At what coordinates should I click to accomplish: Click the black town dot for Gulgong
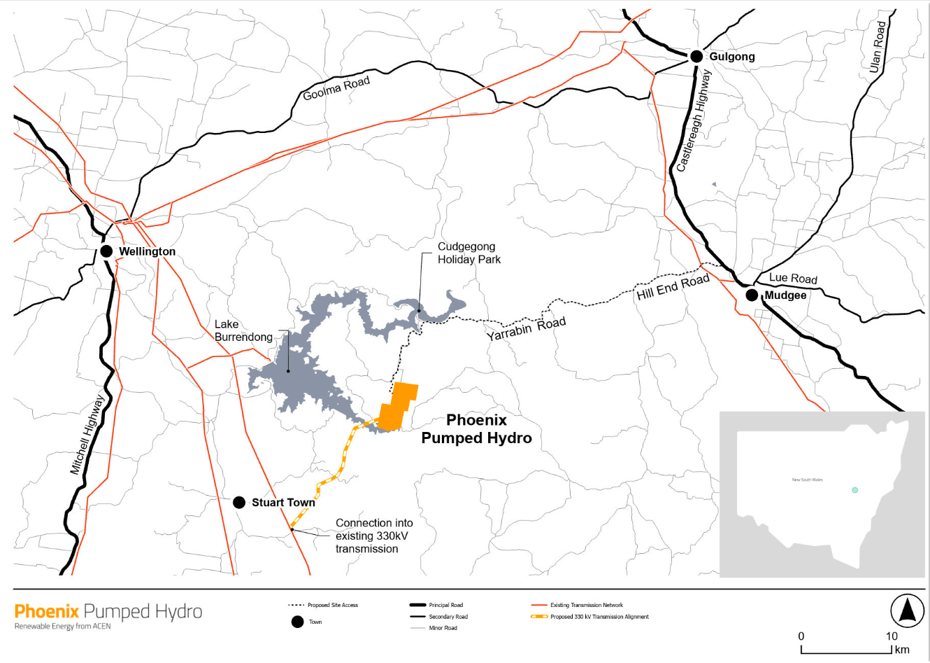(696, 57)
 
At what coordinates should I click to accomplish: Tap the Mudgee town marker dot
(752, 295)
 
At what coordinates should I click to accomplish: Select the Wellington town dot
(106, 251)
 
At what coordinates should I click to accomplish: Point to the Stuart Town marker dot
(239, 503)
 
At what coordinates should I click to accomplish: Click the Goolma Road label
(336, 89)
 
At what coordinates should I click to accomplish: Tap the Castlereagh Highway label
(693, 121)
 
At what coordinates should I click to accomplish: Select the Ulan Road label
(878, 47)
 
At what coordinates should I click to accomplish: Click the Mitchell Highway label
(87, 435)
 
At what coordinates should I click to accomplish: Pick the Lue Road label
(793, 279)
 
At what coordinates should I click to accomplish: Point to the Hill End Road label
(673, 287)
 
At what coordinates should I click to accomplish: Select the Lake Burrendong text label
(243, 330)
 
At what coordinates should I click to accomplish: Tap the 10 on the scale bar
(892, 636)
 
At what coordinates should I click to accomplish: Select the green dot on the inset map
(854, 490)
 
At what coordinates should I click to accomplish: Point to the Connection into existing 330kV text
(374, 536)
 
